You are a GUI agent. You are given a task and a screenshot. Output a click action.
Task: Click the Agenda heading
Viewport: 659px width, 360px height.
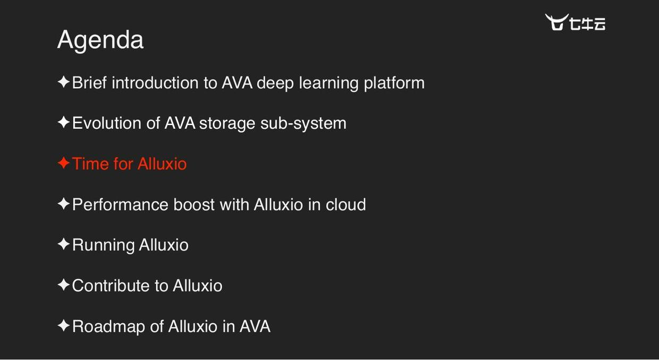click(x=100, y=40)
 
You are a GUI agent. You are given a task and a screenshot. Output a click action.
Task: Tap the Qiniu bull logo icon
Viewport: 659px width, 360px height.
click(x=556, y=22)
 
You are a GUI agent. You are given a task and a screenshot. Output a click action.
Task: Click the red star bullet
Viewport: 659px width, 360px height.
click(x=63, y=163)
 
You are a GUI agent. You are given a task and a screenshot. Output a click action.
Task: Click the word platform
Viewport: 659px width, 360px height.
click(x=394, y=83)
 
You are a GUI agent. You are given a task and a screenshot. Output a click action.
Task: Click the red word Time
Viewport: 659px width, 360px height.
click(x=90, y=164)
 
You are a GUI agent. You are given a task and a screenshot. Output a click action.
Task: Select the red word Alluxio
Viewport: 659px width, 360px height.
click(x=162, y=164)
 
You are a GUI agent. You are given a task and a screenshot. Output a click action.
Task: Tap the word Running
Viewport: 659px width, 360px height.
click(x=103, y=245)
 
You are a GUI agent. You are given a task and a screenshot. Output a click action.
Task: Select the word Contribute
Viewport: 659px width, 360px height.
click(x=111, y=286)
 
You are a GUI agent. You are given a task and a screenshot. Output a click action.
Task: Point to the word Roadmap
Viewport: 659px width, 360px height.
click(x=108, y=326)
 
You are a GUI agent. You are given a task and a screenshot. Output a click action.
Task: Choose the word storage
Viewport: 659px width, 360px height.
click(x=227, y=123)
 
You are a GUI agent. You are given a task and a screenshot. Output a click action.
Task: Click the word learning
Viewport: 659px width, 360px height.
click(x=328, y=83)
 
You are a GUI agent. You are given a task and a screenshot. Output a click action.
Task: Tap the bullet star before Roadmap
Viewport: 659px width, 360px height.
click(x=63, y=326)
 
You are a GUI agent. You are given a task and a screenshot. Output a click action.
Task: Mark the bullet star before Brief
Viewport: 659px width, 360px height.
click(x=63, y=82)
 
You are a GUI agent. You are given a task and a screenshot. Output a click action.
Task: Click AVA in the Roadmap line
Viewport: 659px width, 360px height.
click(x=255, y=326)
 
